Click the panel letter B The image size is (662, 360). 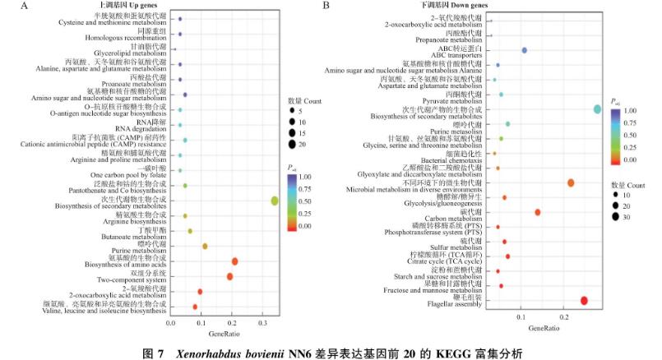326,6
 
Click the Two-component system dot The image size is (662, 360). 229,276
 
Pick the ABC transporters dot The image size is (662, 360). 524,51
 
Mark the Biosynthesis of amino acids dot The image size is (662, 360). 234,261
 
